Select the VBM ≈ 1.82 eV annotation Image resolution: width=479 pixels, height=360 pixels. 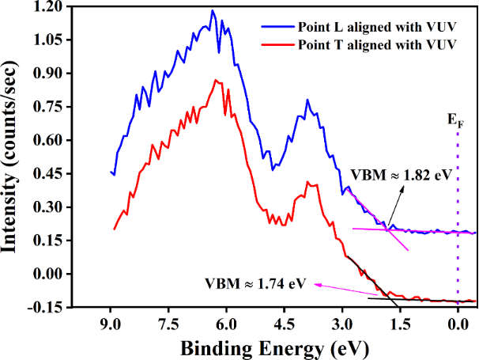click(x=401, y=174)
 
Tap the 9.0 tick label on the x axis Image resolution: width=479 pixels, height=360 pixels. click(x=110, y=324)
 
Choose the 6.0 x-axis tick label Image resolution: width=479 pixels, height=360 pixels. click(x=226, y=324)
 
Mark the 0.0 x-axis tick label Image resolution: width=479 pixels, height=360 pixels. click(x=458, y=324)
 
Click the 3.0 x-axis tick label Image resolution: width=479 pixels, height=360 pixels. click(x=342, y=324)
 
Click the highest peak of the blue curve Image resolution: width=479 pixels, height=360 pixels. click(x=213, y=11)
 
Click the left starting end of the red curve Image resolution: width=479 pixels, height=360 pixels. click(x=115, y=229)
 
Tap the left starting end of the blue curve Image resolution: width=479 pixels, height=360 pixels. click(x=111, y=172)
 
